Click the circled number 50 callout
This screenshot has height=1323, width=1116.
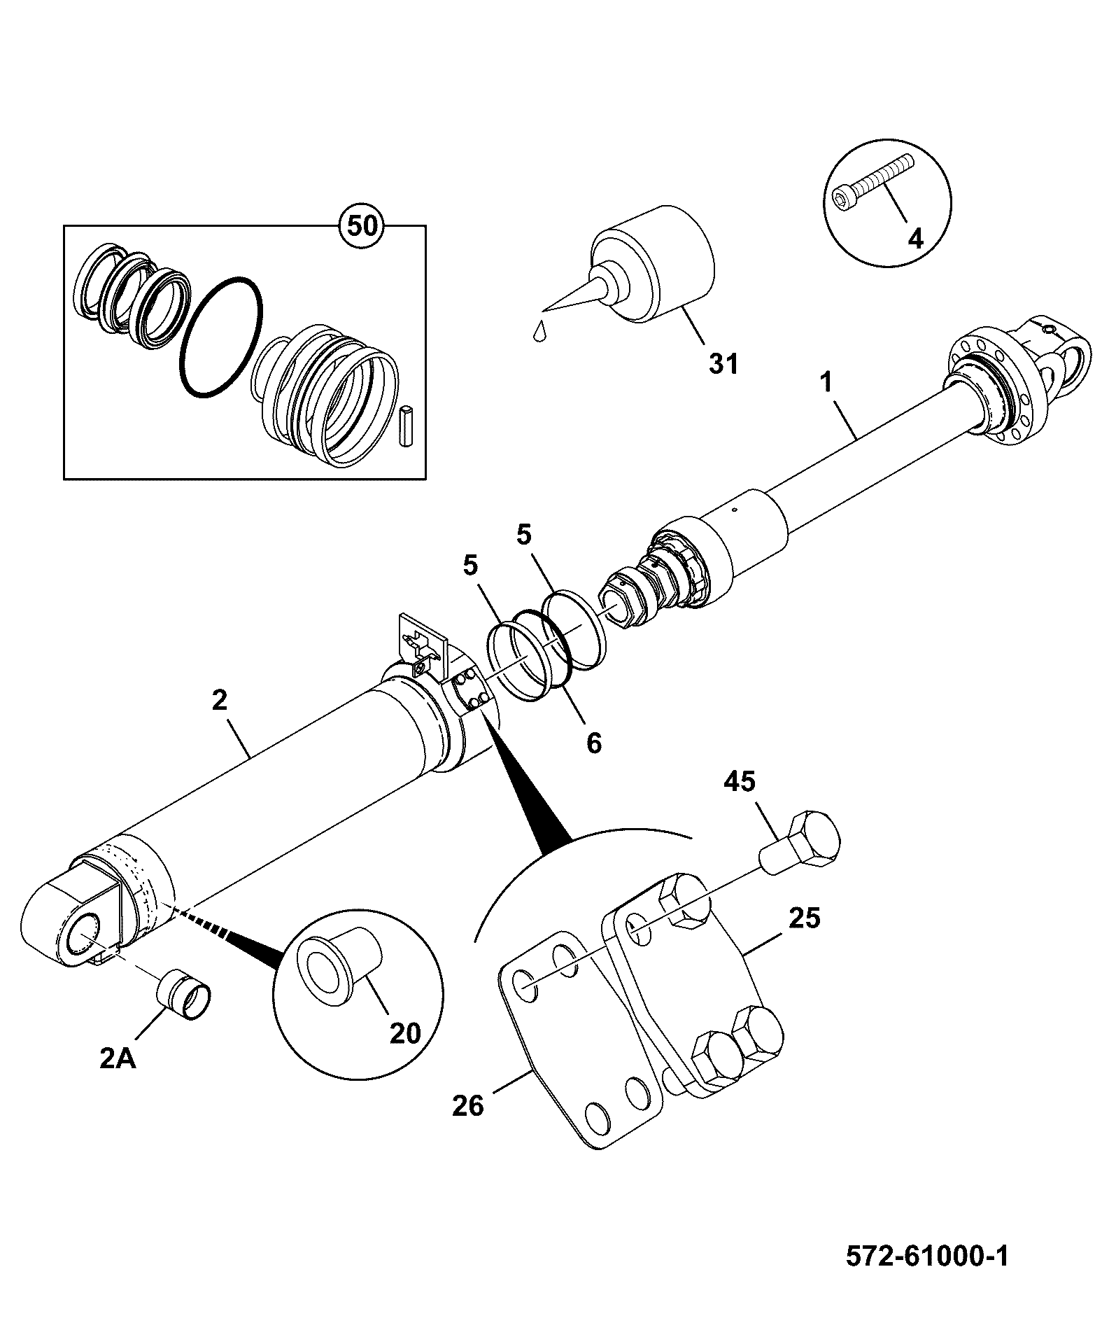pos(362,225)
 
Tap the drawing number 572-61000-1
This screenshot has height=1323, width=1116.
pos(927,1256)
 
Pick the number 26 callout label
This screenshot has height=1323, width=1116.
pos(467,1105)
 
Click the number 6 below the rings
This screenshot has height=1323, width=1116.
pos(593,743)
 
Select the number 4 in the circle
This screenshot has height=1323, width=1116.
pos(915,239)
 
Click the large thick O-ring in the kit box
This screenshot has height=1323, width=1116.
pos(221,337)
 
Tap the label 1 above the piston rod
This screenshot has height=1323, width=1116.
pos(826,383)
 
